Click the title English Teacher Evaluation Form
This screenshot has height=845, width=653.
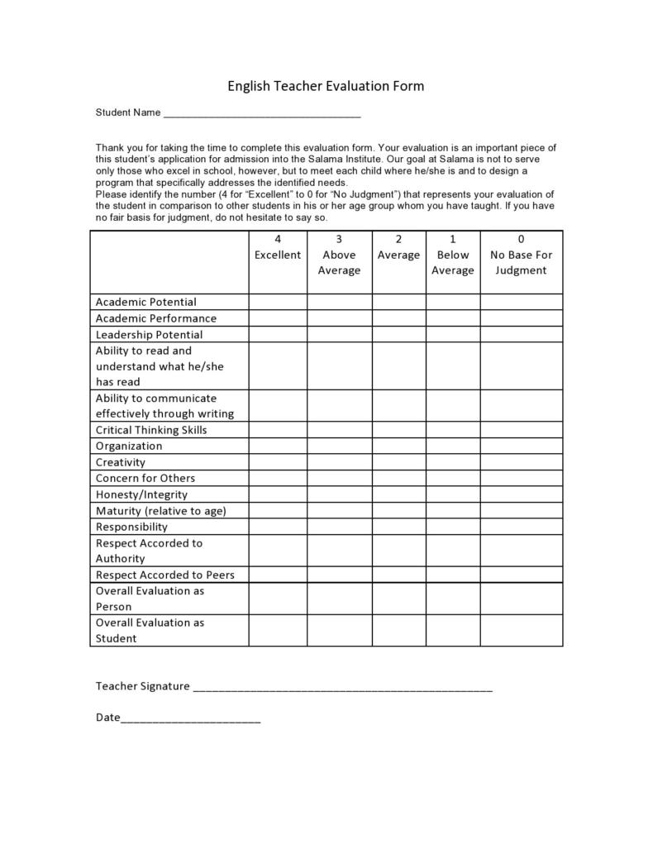(326, 86)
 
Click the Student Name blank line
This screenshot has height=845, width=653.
(262, 114)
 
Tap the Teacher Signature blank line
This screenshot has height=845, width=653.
(342, 687)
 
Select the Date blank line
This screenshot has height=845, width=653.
(190, 718)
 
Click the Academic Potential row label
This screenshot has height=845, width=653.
(146, 302)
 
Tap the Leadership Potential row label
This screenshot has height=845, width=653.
(149, 334)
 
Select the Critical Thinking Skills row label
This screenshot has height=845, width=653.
(151, 430)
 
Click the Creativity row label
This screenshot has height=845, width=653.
(121, 462)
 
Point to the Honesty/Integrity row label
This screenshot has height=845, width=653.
(141, 494)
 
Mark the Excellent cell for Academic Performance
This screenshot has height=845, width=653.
(278, 318)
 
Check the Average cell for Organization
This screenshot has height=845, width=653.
(398, 446)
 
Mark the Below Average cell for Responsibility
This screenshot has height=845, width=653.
(452, 527)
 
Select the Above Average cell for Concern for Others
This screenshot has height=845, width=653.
(339, 478)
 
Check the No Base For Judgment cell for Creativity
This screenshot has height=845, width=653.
(521, 462)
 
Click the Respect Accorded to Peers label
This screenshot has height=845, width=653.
(165, 575)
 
